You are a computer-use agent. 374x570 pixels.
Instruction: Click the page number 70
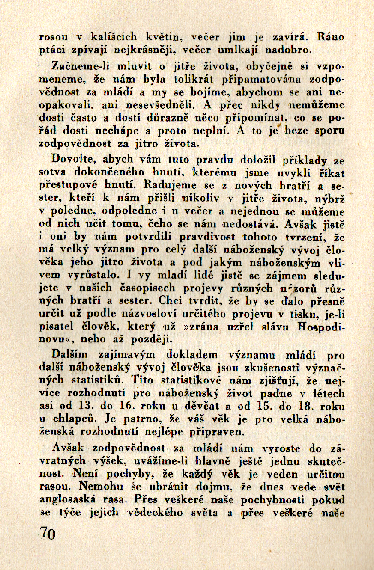click(48, 534)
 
